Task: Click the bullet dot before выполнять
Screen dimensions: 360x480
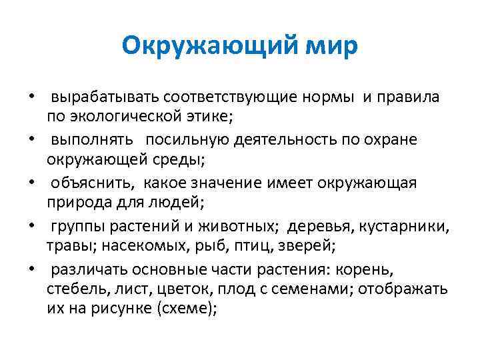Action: pos(31,141)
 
